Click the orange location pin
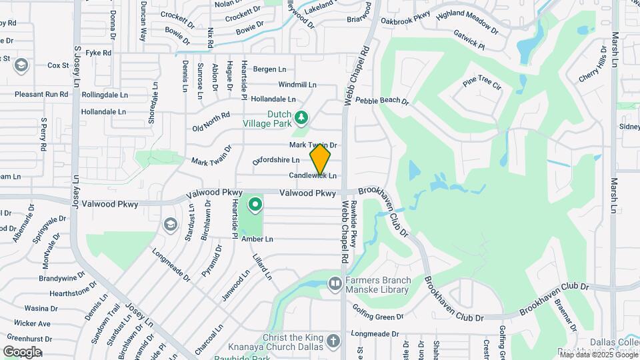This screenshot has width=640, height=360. (x=320, y=159)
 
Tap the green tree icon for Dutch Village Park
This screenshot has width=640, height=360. (x=302, y=118)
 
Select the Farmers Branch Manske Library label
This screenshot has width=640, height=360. (x=377, y=285)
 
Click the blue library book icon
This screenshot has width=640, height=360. (x=334, y=285)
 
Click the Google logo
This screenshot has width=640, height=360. (x=22, y=352)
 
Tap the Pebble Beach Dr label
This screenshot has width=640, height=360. (x=381, y=101)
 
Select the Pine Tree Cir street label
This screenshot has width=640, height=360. (x=481, y=83)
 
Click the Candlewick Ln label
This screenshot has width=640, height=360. (x=313, y=175)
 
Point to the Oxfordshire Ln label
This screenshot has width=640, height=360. (x=276, y=160)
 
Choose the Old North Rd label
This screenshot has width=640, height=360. (x=211, y=122)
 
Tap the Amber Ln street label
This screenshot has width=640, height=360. (x=257, y=239)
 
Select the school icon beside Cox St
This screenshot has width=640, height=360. (x=21, y=65)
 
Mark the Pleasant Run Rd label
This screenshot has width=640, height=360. (x=41, y=95)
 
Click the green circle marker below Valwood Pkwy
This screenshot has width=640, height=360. (x=255, y=203)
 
